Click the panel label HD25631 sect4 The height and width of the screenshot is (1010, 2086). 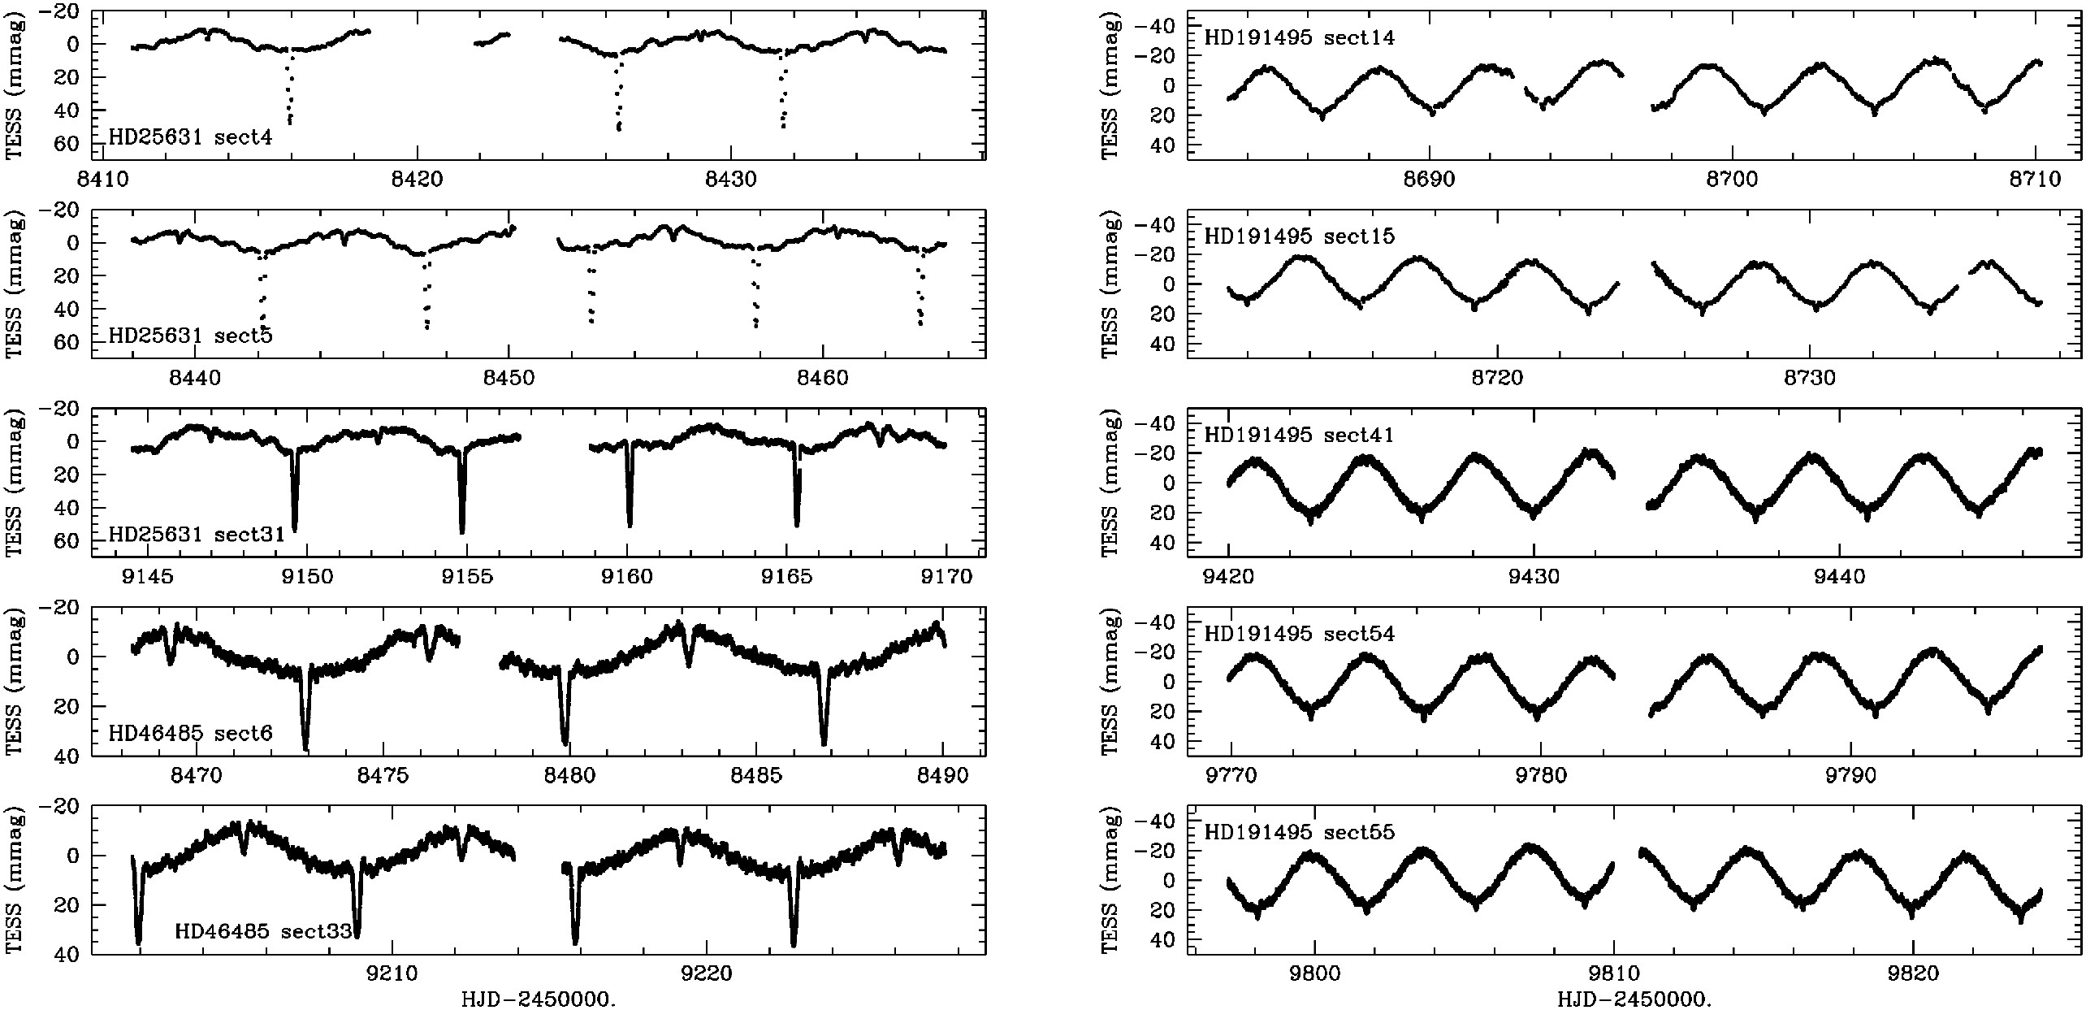click(190, 137)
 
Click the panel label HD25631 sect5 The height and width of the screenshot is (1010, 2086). click(190, 336)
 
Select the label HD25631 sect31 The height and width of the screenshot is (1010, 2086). click(197, 535)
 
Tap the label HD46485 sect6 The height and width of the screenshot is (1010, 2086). click(190, 734)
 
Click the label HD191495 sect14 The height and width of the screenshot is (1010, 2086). click(1299, 37)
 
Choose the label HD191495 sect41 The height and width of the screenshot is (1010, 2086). click(1299, 435)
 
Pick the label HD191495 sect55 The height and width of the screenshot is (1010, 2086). click(1299, 832)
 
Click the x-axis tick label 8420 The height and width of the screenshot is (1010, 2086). click(417, 180)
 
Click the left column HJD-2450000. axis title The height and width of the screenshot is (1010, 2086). click(538, 999)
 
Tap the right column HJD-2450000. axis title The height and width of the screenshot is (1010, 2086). click(1634, 999)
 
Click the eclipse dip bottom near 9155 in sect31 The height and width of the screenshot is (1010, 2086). click(462, 531)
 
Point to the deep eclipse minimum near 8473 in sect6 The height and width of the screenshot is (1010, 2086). click(305, 748)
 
